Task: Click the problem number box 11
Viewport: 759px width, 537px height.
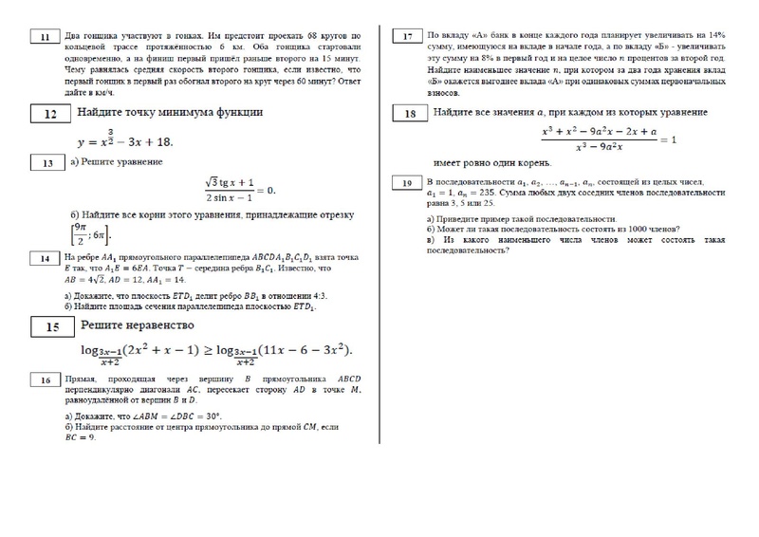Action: (x=44, y=38)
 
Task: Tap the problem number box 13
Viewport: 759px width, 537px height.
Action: (x=44, y=163)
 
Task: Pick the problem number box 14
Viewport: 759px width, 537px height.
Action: (x=44, y=258)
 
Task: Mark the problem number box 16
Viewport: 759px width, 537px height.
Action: (x=44, y=380)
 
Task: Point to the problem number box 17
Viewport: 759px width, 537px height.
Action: (x=408, y=38)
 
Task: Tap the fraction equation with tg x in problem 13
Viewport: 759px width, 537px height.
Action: (x=239, y=190)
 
